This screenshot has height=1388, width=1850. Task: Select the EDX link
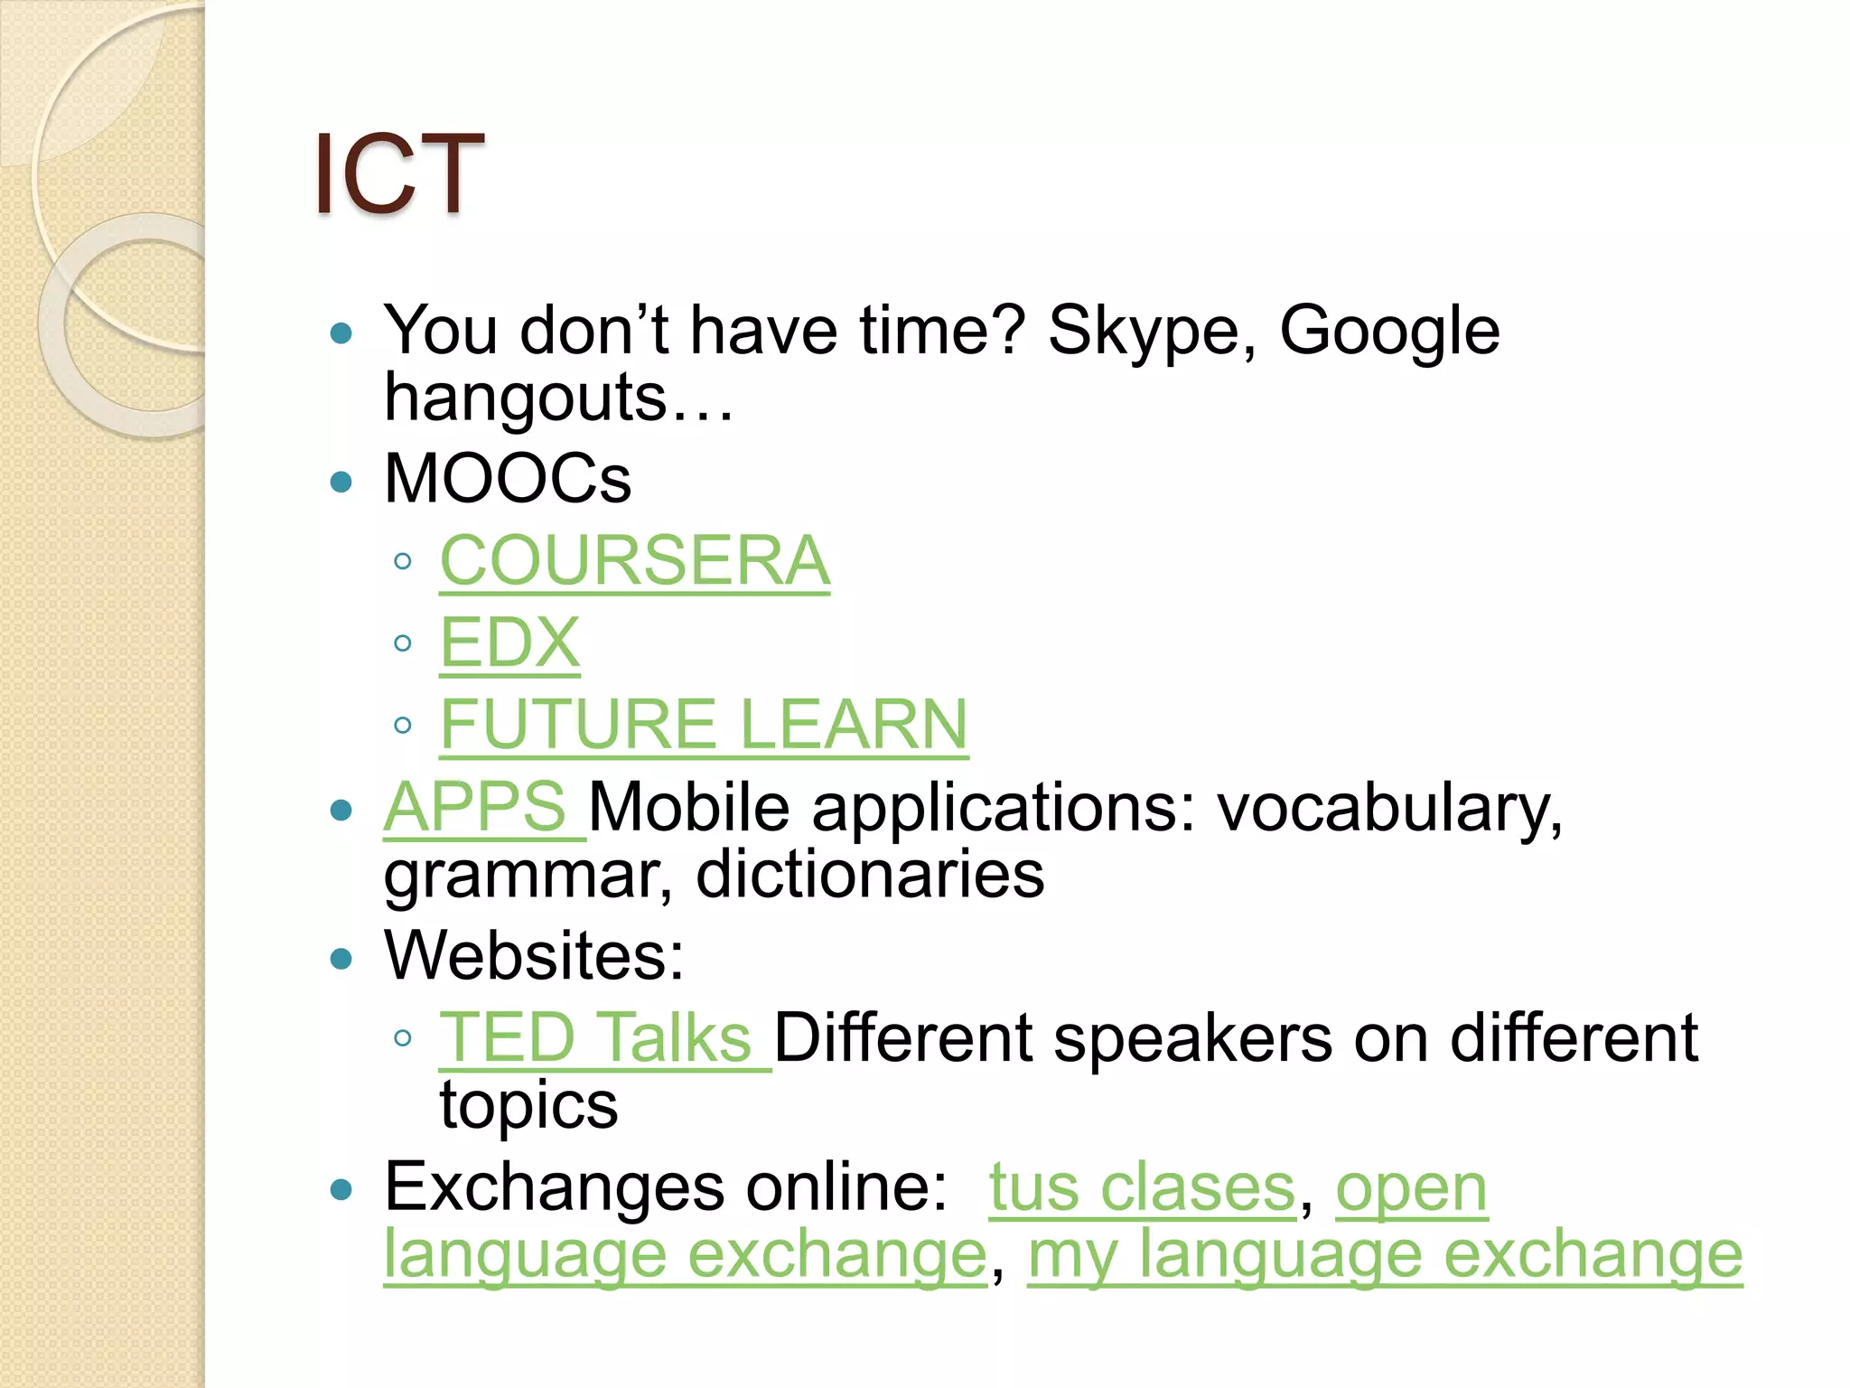[x=509, y=642]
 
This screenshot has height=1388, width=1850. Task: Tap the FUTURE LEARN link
[x=704, y=725]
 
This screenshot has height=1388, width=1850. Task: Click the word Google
[x=1389, y=331]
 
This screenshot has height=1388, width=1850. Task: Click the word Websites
[x=533, y=955]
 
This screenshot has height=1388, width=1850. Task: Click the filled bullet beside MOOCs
[x=341, y=482]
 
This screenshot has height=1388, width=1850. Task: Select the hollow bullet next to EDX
[x=403, y=643]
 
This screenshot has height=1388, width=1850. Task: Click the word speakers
[x=1192, y=1037]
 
